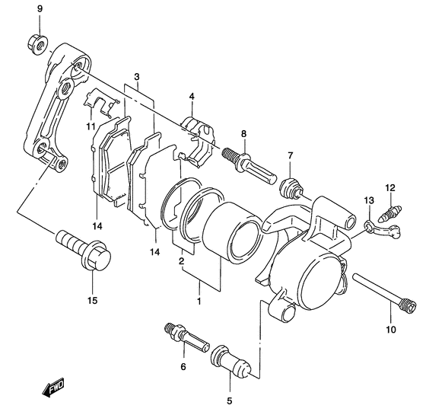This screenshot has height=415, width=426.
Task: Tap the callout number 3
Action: click(137, 77)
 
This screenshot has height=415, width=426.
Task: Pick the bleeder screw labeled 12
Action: click(391, 213)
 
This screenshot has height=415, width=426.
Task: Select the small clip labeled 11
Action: click(101, 102)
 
